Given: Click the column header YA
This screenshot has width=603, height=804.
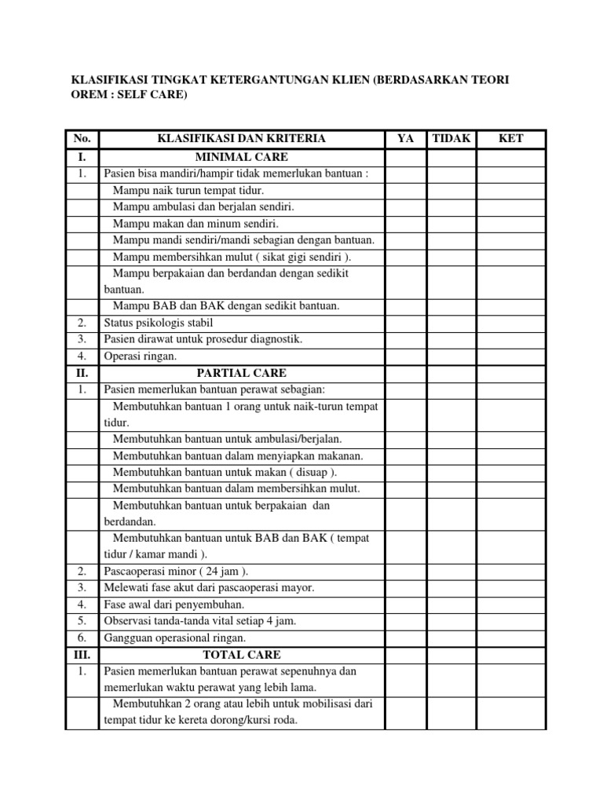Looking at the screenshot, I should pyautogui.click(x=405, y=139).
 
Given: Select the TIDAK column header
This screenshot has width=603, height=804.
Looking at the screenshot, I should pyautogui.click(x=451, y=139).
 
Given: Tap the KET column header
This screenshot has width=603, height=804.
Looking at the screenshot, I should pyautogui.click(x=511, y=139).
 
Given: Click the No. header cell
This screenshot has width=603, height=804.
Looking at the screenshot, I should pyautogui.click(x=82, y=139).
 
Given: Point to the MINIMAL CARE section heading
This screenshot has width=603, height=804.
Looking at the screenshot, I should pyautogui.click(x=241, y=156).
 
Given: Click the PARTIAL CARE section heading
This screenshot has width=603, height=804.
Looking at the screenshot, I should pyautogui.click(x=241, y=372).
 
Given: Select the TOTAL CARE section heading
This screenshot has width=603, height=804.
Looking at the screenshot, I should pyautogui.click(x=241, y=654).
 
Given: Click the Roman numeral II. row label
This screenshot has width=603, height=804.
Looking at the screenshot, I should pyautogui.click(x=82, y=372).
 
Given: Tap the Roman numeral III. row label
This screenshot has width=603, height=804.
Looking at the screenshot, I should pyautogui.click(x=82, y=654).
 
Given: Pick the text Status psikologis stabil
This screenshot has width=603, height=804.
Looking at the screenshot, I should pyautogui.click(x=158, y=322).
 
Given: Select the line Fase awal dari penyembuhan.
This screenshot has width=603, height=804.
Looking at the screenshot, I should pyautogui.click(x=174, y=604).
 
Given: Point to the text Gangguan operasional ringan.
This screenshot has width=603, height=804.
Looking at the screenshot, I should pyautogui.click(x=175, y=638).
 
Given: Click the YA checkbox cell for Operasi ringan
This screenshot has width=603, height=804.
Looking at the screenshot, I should pyautogui.click(x=405, y=356).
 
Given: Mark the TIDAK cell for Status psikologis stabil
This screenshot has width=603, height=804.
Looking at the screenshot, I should pyautogui.click(x=451, y=322).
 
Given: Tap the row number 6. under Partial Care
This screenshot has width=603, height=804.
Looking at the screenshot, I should pyautogui.click(x=82, y=638).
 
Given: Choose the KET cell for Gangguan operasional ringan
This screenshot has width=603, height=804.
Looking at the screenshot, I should pyautogui.click(x=511, y=638).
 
